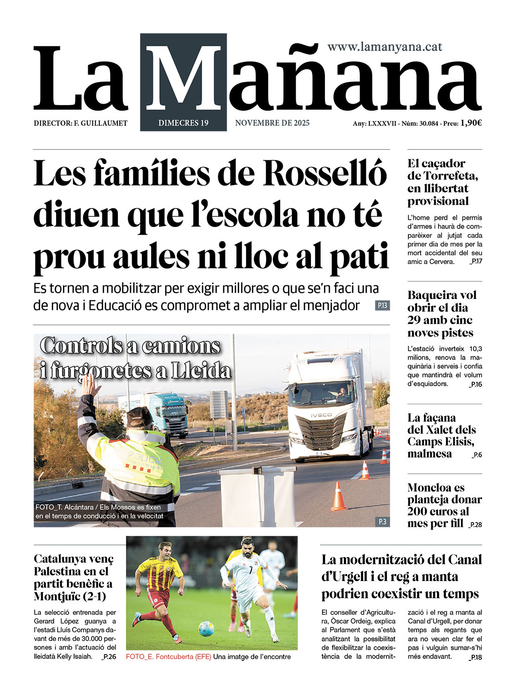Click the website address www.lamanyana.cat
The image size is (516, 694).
384,47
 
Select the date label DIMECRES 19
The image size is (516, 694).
183,123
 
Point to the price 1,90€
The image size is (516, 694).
471,123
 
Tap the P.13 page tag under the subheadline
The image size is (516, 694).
382,306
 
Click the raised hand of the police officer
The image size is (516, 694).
90,385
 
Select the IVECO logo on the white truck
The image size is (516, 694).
322,415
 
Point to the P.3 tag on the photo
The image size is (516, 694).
382,522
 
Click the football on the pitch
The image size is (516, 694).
206,629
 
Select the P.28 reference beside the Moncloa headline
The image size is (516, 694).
475,525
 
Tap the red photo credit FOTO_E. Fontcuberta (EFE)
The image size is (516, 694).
169,656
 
